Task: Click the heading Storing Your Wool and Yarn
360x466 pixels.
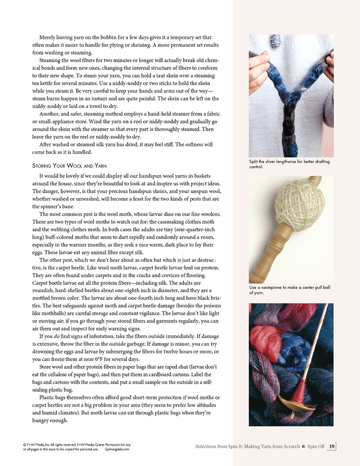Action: click(70, 166)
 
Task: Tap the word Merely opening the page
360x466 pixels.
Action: click(50, 37)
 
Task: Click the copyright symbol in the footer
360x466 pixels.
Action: click(25, 444)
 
